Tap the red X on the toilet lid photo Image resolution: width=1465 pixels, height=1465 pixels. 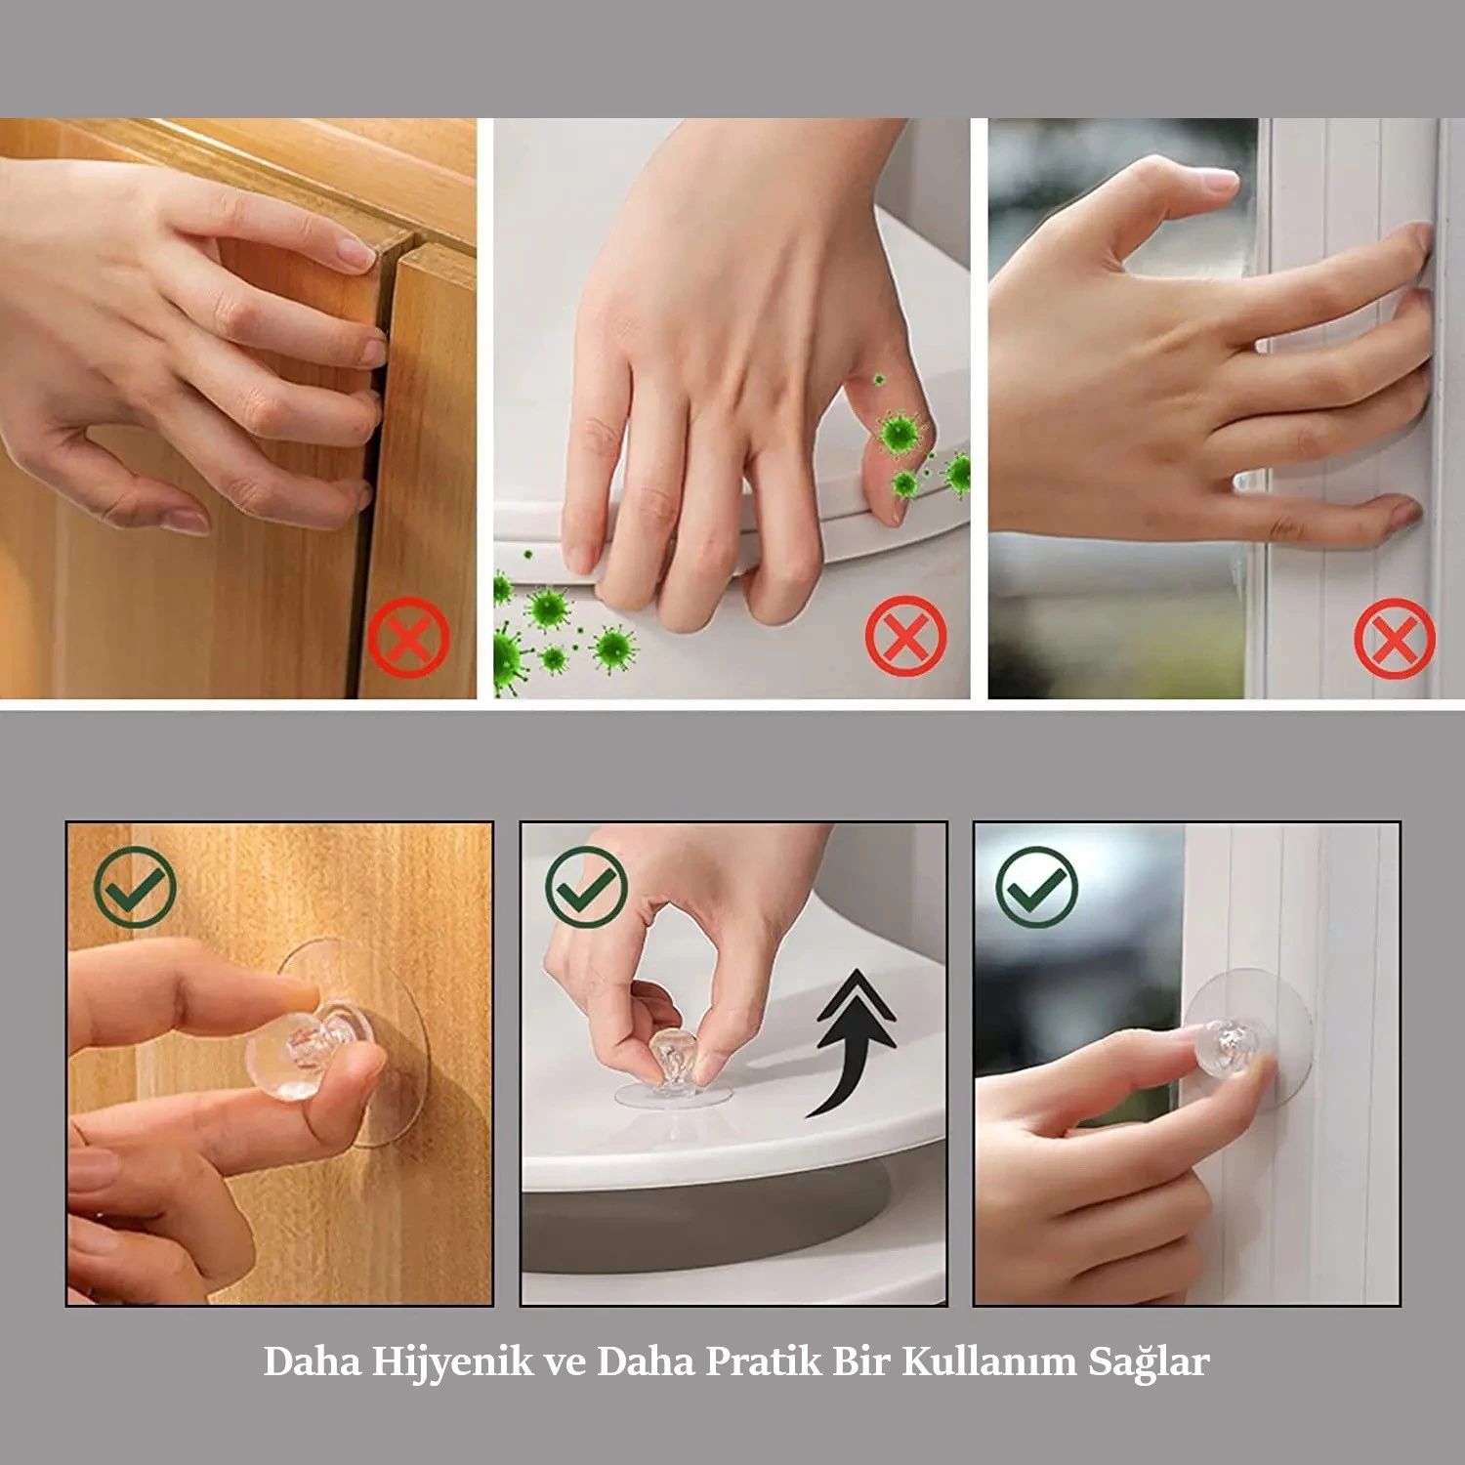905,636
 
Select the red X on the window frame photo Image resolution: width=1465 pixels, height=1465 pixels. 1395,638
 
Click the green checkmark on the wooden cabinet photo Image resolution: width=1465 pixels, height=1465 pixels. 135,887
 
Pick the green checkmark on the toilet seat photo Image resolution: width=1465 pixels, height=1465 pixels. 586,887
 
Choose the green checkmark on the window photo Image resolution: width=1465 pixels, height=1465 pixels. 1036,887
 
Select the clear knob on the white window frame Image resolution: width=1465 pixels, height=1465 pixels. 1233,1047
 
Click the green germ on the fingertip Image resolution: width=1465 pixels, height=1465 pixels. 900,431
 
